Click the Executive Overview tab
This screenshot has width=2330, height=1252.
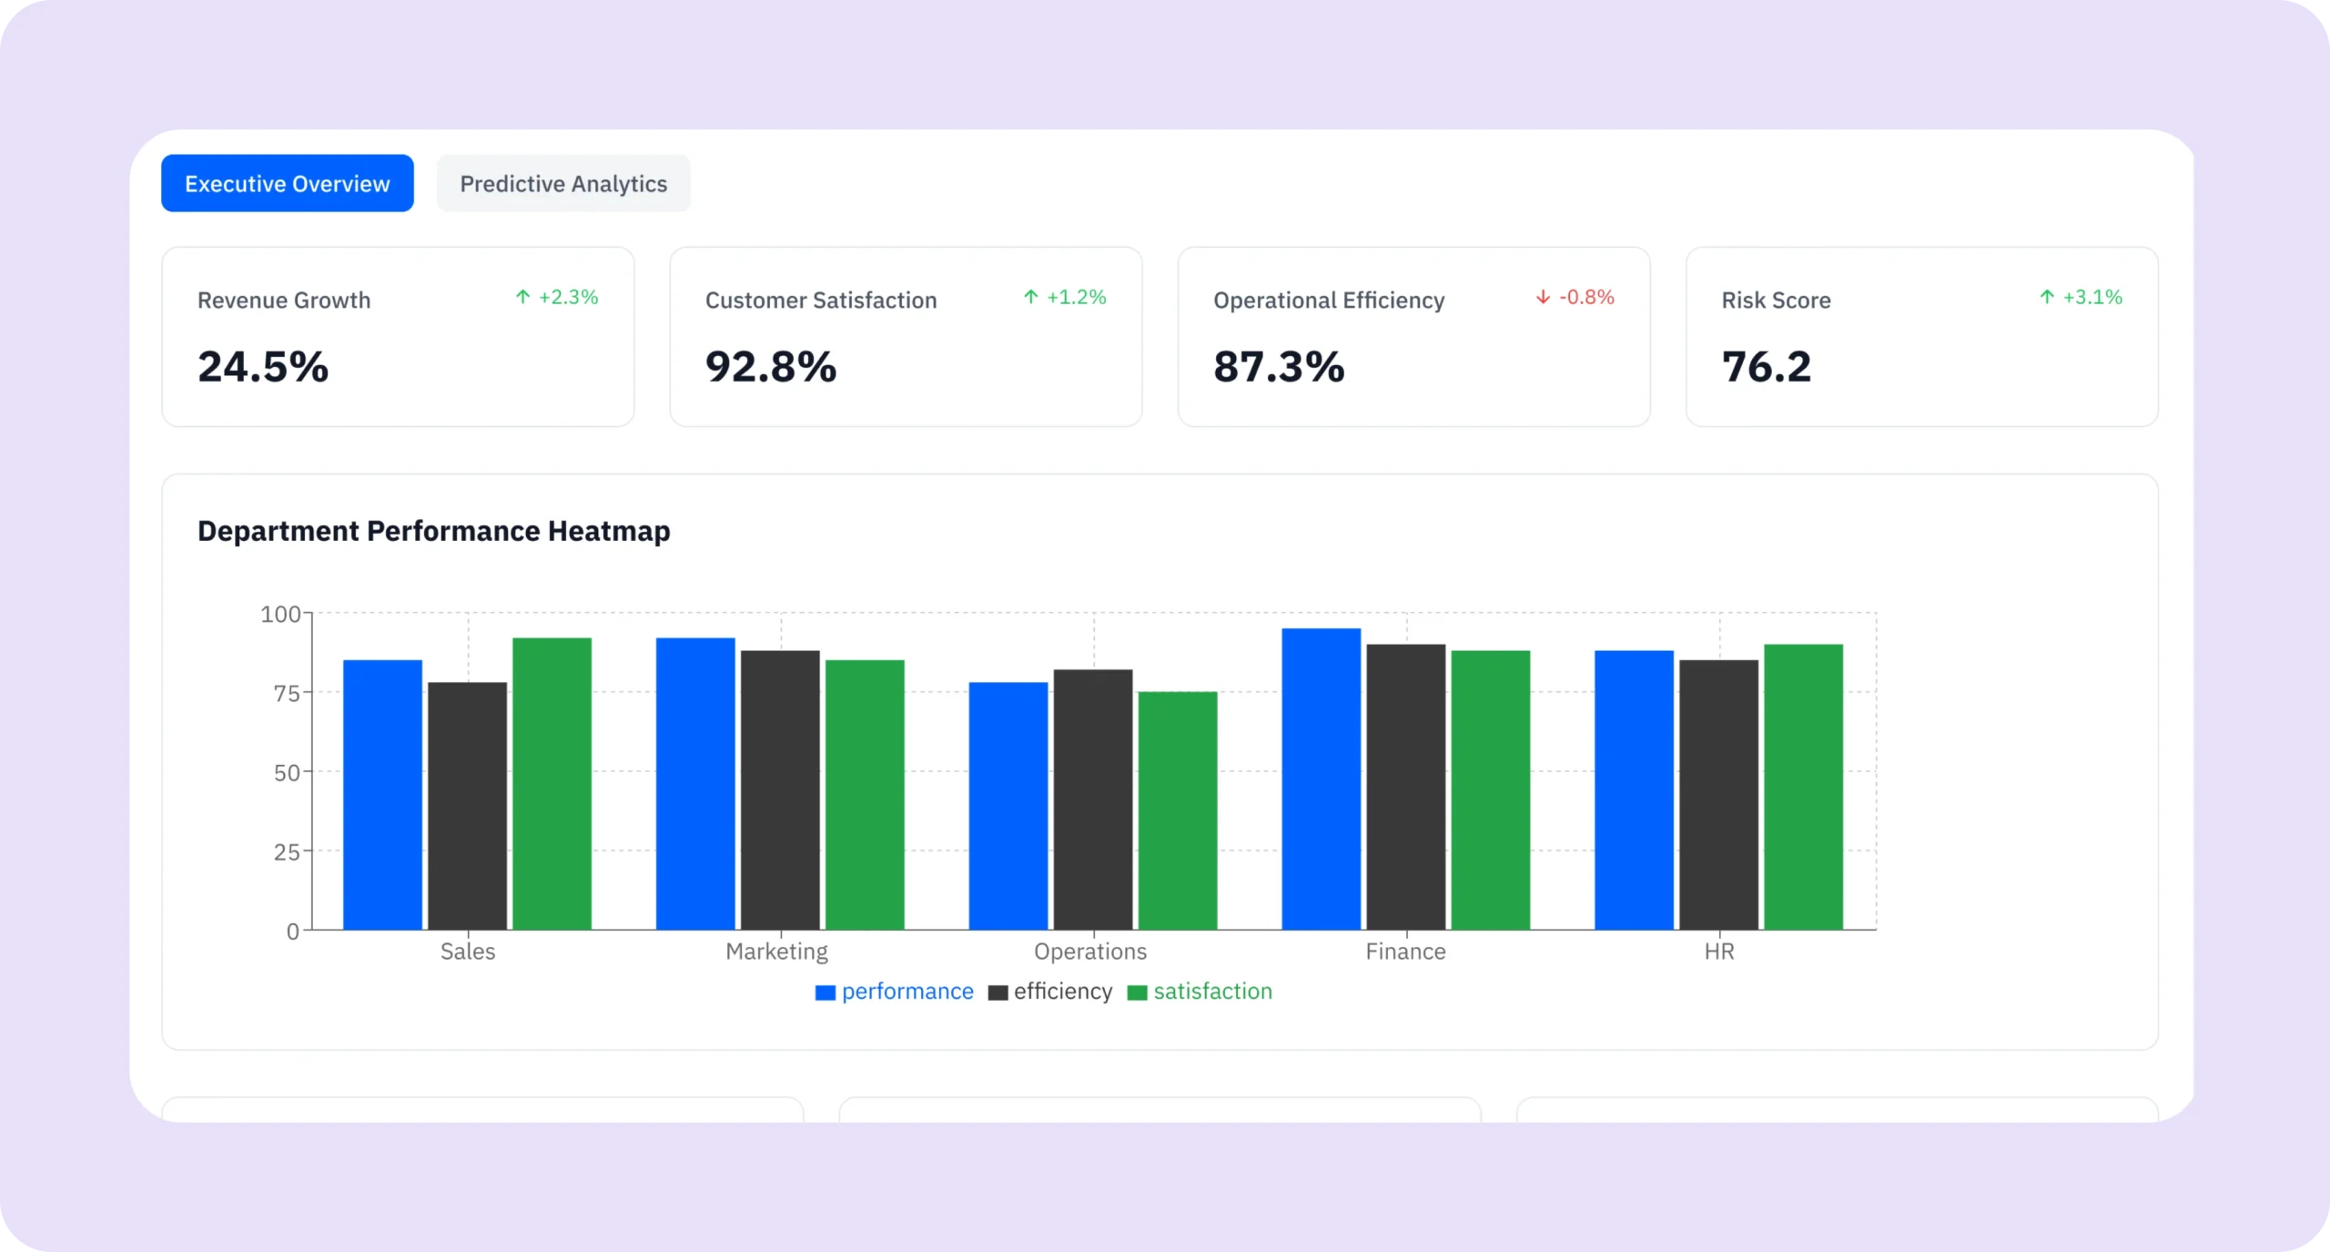click(x=287, y=183)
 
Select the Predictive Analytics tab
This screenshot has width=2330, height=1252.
click(x=563, y=183)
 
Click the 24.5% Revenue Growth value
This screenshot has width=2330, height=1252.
click(x=263, y=367)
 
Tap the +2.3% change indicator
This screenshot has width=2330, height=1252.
click(x=557, y=297)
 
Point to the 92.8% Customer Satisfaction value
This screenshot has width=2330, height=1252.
click(x=770, y=367)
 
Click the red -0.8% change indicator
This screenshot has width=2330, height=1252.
click(x=1575, y=297)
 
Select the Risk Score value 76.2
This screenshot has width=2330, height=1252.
click(x=1766, y=367)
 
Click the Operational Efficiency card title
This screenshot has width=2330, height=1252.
click(x=1328, y=300)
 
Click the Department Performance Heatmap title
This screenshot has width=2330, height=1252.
click(x=433, y=531)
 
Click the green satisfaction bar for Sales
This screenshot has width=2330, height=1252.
click(x=552, y=783)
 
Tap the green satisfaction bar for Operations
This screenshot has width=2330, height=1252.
click(x=1177, y=810)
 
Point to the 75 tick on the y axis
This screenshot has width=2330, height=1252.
click(x=287, y=693)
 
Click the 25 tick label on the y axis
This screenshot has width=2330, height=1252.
click(x=287, y=852)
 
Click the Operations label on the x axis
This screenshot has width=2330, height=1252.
click(x=1089, y=952)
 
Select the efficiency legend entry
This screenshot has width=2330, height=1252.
click(x=1051, y=992)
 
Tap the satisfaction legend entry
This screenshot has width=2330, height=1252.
click(x=1200, y=992)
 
